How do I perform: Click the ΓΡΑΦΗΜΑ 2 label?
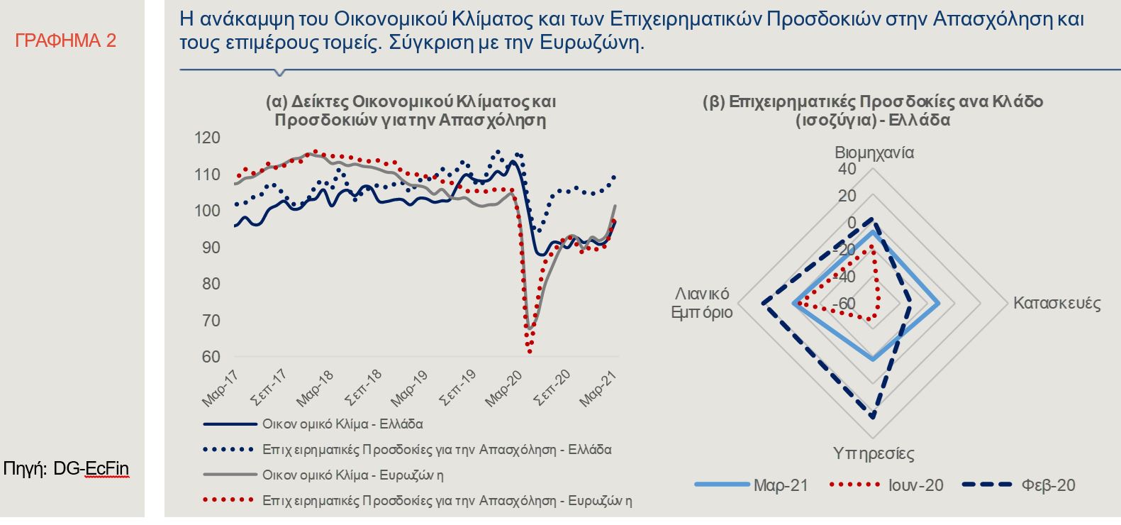65,41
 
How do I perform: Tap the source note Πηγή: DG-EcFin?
67,469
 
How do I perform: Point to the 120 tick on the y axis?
207,138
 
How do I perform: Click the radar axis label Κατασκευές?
1056,304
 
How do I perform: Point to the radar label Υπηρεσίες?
874,453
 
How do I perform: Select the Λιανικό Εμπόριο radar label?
702,304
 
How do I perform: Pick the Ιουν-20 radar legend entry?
915,485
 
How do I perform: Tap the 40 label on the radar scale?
847,169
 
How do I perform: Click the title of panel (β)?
873,110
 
